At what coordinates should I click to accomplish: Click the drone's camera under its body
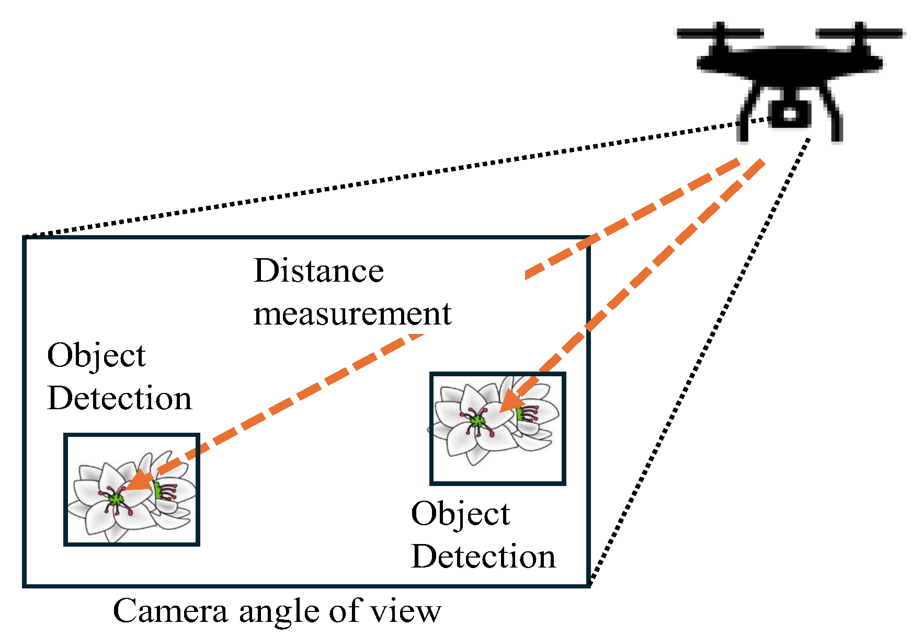[x=790, y=113]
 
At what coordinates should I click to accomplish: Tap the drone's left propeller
[x=720, y=33]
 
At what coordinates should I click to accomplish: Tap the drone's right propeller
[x=859, y=33]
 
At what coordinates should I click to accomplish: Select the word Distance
[x=318, y=271]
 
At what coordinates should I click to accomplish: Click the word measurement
[x=352, y=314]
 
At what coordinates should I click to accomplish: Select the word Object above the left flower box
[x=96, y=356]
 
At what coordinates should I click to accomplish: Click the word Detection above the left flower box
[x=119, y=398]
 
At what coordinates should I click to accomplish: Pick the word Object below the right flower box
[x=460, y=515]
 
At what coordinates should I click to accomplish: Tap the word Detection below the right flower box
[x=483, y=557]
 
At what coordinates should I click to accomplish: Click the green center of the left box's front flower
[x=116, y=499]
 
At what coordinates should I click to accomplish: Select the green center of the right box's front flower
[x=477, y=421]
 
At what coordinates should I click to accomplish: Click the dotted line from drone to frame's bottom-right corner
[x=701, y=361]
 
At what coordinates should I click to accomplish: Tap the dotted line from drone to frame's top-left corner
[x=392, y=178]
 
